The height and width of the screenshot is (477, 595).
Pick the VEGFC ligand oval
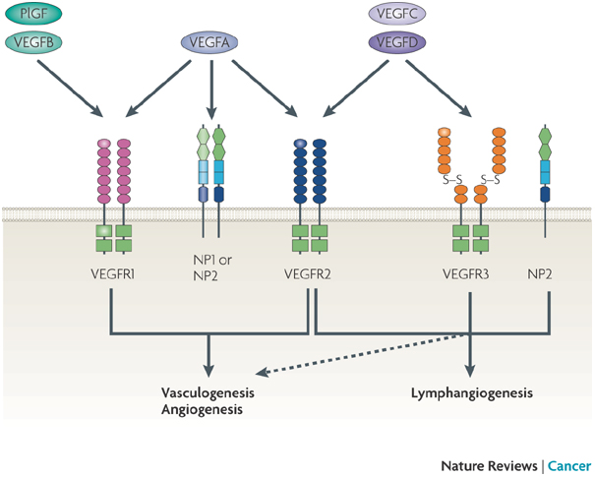point(395,15)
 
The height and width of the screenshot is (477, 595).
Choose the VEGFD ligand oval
point(395,42)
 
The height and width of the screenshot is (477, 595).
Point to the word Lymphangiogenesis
point(471,393)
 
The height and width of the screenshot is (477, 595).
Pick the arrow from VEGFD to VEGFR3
point(434,89)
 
